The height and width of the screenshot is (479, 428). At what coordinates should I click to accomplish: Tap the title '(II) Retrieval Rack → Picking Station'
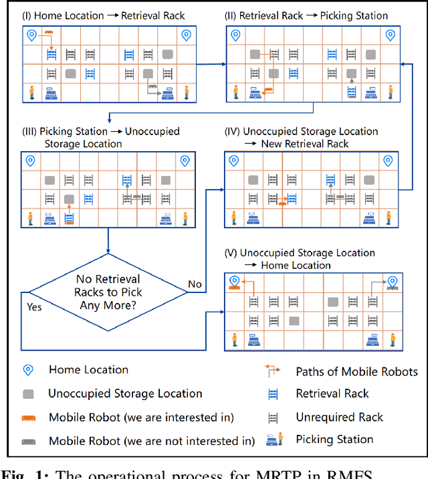pos(306,15)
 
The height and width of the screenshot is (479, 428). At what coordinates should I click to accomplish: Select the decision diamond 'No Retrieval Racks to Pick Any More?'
pos(108,292)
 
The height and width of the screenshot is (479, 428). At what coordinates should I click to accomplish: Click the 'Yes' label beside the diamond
pos(33,308)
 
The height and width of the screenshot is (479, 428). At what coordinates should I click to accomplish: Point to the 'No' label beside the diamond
pos(195,284)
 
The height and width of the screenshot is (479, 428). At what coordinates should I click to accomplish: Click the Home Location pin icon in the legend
pos(29,370)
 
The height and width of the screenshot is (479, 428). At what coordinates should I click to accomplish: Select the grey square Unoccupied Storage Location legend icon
pos(29,394)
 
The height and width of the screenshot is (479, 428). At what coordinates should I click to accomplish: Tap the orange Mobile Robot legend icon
pos(29,417)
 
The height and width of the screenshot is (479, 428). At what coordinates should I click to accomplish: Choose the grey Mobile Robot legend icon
pos(29,441)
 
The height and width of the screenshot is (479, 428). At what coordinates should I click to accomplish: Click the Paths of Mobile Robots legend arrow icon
pos(273,370)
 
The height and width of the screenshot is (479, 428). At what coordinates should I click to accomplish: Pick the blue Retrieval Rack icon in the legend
pos(273,394)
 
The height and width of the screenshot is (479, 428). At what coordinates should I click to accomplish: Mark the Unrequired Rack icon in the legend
pos(273,417)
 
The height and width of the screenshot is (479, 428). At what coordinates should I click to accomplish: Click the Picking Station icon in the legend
pos(273,440)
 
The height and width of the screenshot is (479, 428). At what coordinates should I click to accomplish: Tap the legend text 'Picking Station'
pos(334,440)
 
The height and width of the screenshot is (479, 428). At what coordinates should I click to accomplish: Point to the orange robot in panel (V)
pos(234,288)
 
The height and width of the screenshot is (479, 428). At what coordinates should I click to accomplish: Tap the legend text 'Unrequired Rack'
pos(339,417)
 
